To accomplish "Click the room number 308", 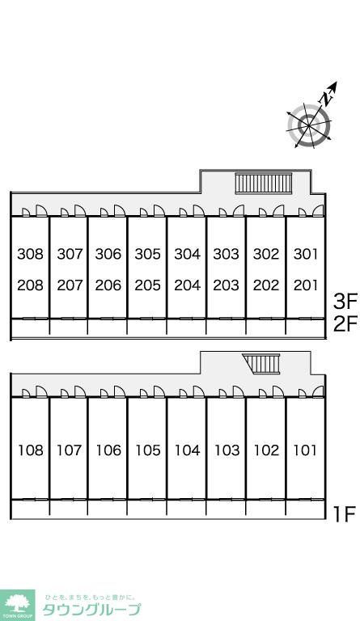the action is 30,253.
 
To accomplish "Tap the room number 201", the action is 306,285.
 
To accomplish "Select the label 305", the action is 148,253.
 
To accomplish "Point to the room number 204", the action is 188,285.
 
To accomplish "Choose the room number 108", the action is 31,450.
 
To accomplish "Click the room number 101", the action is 305,450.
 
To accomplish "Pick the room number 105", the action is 148,450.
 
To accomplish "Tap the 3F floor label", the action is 345,302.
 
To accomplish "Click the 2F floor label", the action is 345,324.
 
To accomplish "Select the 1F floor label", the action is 344,514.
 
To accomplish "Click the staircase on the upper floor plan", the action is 264,183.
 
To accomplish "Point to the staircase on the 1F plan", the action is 262,364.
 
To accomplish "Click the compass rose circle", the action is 309,125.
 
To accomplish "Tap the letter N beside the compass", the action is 326,98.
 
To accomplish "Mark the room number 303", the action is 227,253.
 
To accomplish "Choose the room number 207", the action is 70,285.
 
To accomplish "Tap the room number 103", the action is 227,450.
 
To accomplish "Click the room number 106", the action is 108,450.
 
